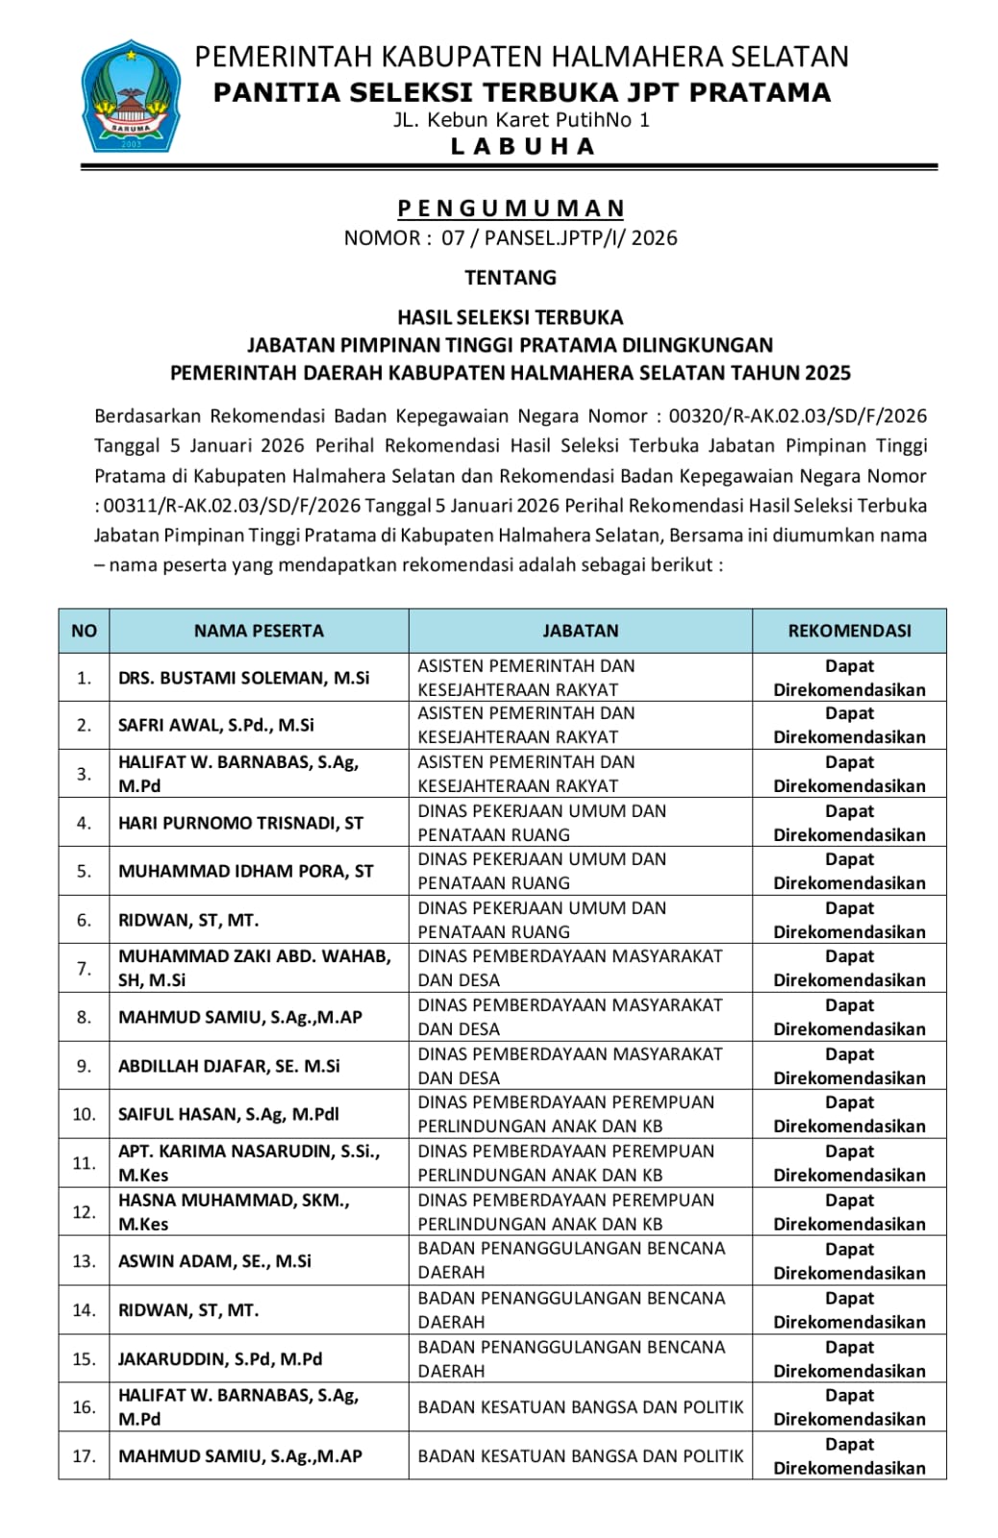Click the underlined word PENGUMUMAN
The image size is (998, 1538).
[511, 209]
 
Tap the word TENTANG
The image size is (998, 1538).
[511, 278]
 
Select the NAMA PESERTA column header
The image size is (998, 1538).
[259, 631]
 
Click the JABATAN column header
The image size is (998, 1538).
[581, 631]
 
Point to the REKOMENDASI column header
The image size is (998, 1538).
[849, 631]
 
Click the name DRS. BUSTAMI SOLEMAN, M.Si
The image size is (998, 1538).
[243, 678]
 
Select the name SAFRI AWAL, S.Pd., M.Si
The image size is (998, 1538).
[216, 725]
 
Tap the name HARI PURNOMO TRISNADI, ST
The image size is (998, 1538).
[240, 823]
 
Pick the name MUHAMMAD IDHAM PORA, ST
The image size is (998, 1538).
[245, 871]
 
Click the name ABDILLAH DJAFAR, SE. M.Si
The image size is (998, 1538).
[229, 1066]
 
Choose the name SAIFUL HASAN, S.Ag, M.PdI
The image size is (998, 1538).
[229, 1114]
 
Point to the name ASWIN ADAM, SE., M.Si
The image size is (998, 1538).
[214, 1261]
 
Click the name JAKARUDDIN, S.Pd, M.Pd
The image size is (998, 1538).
[220, 1359]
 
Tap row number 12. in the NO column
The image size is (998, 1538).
[84, 1212]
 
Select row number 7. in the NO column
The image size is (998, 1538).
[84, 968]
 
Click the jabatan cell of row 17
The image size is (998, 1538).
[581, 1456]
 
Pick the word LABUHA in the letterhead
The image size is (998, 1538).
[522, 146]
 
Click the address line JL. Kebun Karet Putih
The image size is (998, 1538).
[522, 120]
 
